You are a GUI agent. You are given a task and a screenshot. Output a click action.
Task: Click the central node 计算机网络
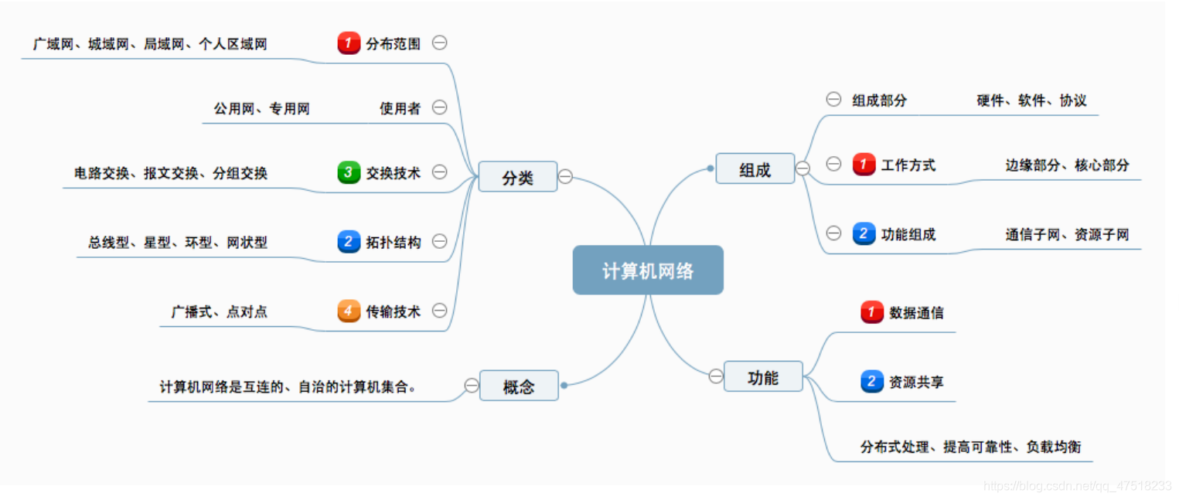coord(648,270)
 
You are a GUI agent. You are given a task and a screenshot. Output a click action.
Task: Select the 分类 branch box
coord(517,177)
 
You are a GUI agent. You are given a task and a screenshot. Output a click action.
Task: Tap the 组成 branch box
coord(755,168)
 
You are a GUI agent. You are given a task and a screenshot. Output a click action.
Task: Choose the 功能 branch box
coord(763,376)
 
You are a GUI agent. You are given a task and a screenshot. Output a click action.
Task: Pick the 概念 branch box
coord(518,386)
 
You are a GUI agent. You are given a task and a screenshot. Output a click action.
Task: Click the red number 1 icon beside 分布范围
coord(349,43)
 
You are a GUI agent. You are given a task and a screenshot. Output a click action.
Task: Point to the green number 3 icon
coord(349,172)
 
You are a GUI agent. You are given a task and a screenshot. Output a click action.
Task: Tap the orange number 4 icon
coord(349,311)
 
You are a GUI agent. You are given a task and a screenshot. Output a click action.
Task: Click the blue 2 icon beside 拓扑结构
coord(349,242)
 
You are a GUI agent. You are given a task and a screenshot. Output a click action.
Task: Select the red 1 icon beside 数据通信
coord(872,312)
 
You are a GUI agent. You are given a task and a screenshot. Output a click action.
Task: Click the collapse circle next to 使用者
coord(439,107)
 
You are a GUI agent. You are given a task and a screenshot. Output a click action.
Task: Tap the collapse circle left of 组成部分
coord(833,100)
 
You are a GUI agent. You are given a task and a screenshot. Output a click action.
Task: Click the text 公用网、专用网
coord(261,109)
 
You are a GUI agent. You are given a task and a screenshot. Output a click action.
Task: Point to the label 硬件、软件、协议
coord(1031,100)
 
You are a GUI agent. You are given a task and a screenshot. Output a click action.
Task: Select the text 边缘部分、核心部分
coord(1067,165)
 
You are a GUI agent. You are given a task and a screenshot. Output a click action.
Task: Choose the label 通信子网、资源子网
coord(1067,234)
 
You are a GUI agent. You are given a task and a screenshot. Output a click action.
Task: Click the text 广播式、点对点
coord(219,312)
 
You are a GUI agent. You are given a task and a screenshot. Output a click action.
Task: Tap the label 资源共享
coord(916,382)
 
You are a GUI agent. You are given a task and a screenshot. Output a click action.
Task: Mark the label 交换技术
coord(394,173)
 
